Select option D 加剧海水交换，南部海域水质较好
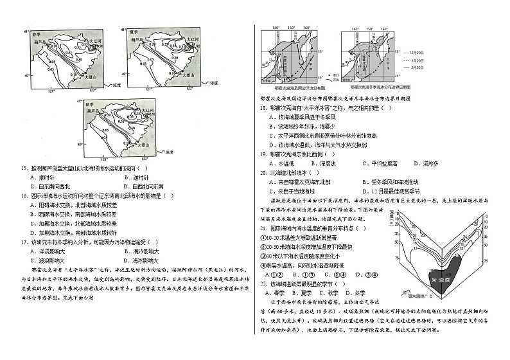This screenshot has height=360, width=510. (x=64, y=231)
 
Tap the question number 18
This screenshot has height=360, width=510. (x=264, y=109)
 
